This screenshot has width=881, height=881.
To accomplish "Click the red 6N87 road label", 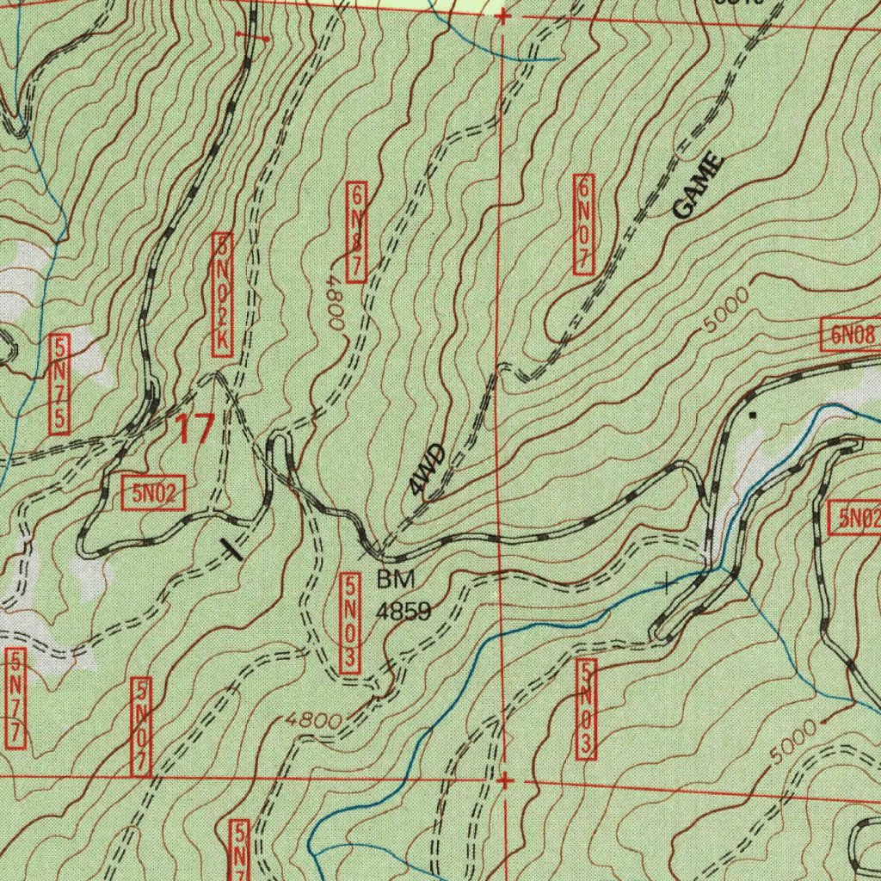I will click(357, 231).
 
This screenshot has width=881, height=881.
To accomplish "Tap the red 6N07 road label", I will click(584, 224).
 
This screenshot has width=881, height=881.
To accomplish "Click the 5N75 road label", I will click(59, 383).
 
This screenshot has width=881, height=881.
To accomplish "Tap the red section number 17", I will click(194, 428).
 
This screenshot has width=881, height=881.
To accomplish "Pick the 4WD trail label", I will click(428, 471).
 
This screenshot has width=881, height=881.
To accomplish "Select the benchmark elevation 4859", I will click(403, 611).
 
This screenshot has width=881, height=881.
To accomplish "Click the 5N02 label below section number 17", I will click(153, 494).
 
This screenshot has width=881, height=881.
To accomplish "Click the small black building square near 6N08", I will click(754, 415).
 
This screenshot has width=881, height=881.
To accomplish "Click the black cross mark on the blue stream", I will click(667, 586).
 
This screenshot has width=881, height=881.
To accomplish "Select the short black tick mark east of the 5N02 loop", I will click(231, 549).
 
